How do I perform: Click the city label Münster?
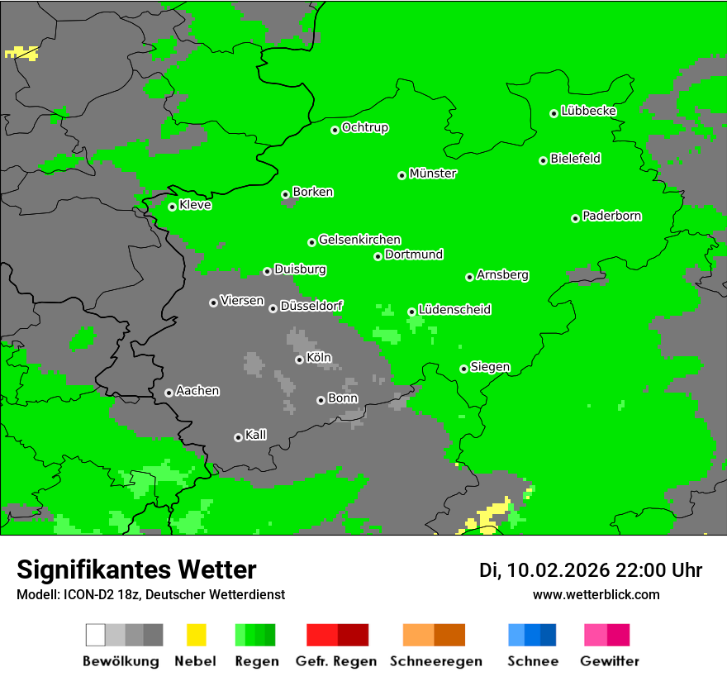tap(433, 174)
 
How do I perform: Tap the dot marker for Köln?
tap(299, 360)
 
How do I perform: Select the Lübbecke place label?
tap(588, 111)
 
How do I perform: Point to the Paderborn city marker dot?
tap(575, 218)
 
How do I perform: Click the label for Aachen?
tap(197, 390)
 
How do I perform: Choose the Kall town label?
tap(255, 435)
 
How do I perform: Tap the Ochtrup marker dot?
tap(335, 130)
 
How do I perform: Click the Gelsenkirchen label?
tap(359, 240)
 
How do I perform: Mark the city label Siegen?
tap(490, 367)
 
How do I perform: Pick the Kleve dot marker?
tap(172, 207)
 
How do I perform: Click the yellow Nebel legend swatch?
tap(196, 635)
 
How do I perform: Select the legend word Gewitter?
tap(609, 661)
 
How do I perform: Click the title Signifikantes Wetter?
tap(136, 569)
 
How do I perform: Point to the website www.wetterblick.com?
tap(596, 594)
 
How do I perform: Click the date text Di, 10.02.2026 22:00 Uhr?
tap(591, 570)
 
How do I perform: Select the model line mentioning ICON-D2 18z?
tap(150, 594)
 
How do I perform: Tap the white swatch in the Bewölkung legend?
tap(95, 635)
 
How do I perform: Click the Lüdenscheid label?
tap(454, 309)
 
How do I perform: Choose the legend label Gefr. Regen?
tap(336, 661)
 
